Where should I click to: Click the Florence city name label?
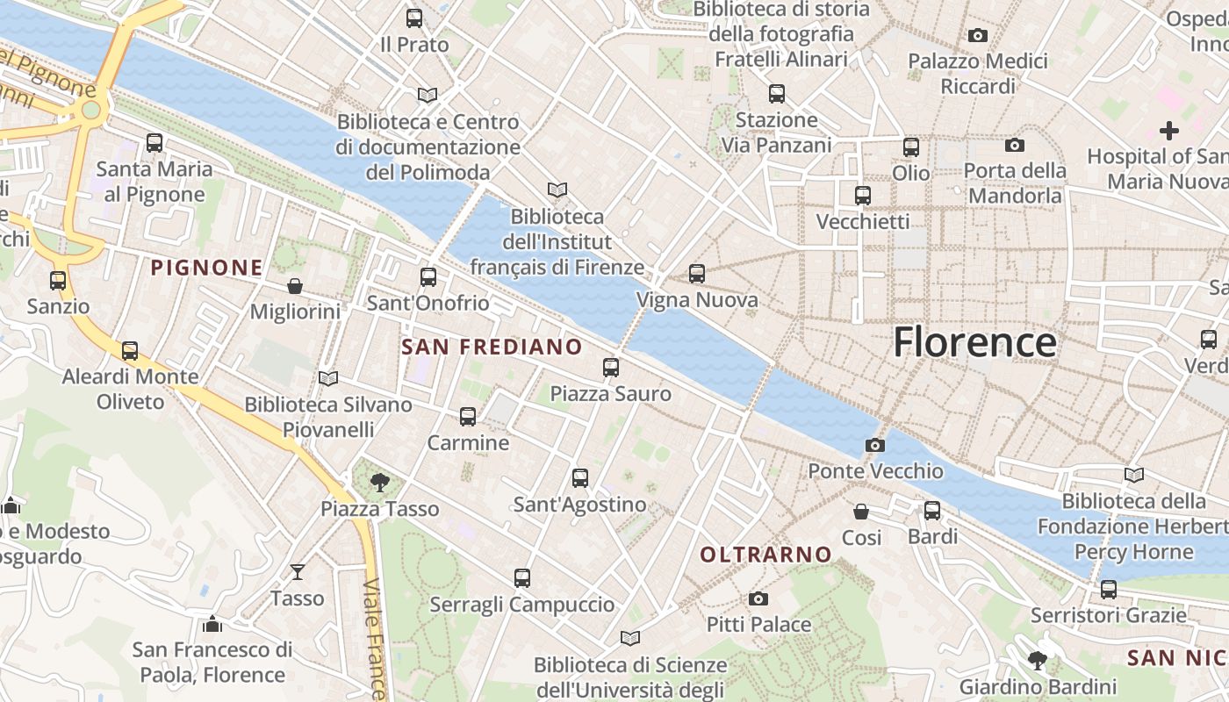pyautogui.click(x=974, y=341)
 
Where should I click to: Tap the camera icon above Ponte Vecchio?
pyautogui.click(x=874, y=445)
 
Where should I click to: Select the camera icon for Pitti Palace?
pyautogui.click(x=758, y=598)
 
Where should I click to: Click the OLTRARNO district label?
pyautogui.click(x=765, y=554)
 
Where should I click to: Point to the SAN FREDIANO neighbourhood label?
pyautogui.click(x=492, y=347)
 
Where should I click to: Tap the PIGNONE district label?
pyautogui.click(x=206, y=268)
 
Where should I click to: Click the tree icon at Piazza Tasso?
pyautogui.click(x=379, y=481)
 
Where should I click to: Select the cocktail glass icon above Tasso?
pyautogui.click(x=298, y=571)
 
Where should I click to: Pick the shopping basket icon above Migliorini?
pyautogui.click(x=294, y=286)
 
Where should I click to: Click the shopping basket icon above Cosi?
pyautogui.click(x=861, y=511)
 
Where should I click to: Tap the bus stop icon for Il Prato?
pyautogui.click(x=414, y=18)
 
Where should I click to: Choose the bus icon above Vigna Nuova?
pyautogui.click(x=697, y=274)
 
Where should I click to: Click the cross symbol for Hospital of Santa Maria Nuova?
pyautogui.click(x=1168, y=131)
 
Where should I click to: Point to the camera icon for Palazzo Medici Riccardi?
pyautogui.click(x=977, y=35)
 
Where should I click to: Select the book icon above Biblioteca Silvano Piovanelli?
pyautogui.click(x=328, y=378)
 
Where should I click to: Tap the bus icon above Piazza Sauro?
pyautogui.click(x=611, y=368)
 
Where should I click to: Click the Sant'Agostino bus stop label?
pyautogui.click(x=579, y=505)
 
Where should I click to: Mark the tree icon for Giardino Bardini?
pyautogui.click(x=1038, y=660)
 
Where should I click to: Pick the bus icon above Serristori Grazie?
pyautogui.click(x=1109, y=589)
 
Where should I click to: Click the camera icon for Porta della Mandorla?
pyautogui.click(x=1015, y=145)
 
